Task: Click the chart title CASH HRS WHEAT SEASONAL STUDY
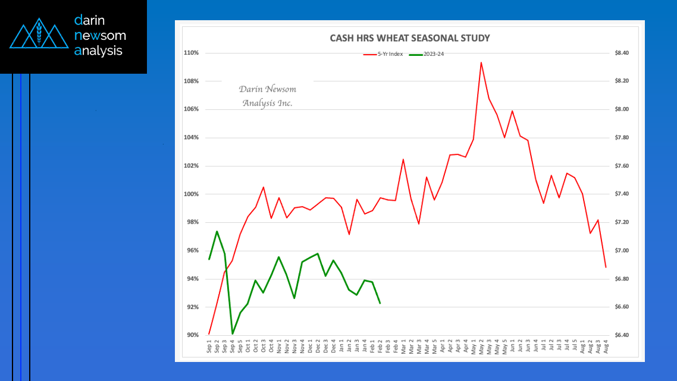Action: pos(410,38)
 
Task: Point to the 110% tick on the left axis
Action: pos(192,53)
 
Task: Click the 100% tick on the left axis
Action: pos(192,194)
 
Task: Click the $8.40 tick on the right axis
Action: pos(622,53)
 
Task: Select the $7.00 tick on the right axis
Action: pos(622,251)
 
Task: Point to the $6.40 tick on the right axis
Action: pos(622,335)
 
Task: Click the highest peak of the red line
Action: pos(481,62)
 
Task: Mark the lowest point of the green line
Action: pos(233,334)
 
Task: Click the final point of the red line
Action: pos(606,267)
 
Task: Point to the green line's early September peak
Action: pos(217,231)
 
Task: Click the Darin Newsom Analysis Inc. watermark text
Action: pos(268,96)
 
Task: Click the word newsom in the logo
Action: pos(101,35)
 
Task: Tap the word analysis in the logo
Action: pos(99,51)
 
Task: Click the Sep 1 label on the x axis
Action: pos(209,347)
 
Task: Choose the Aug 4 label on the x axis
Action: pos(606,347)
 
